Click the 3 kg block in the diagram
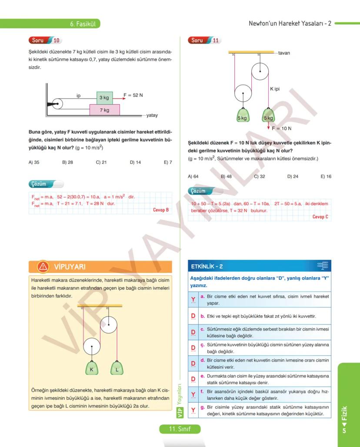point(104,98)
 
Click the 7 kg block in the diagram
point(104,110)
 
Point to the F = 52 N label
point(133,95)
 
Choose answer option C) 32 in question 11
point(260,176)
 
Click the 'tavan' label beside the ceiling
point(284,53)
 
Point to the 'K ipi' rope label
point(274,89)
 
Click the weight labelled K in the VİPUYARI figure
point(92,368)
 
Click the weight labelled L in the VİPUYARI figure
point(117,368)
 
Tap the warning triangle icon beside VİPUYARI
point(43,266)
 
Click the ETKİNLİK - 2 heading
point(207,266)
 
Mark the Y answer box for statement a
point(193,300)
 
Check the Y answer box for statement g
point(193,410)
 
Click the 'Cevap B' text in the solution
point(161,210)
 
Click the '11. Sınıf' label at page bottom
point(180,429)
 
